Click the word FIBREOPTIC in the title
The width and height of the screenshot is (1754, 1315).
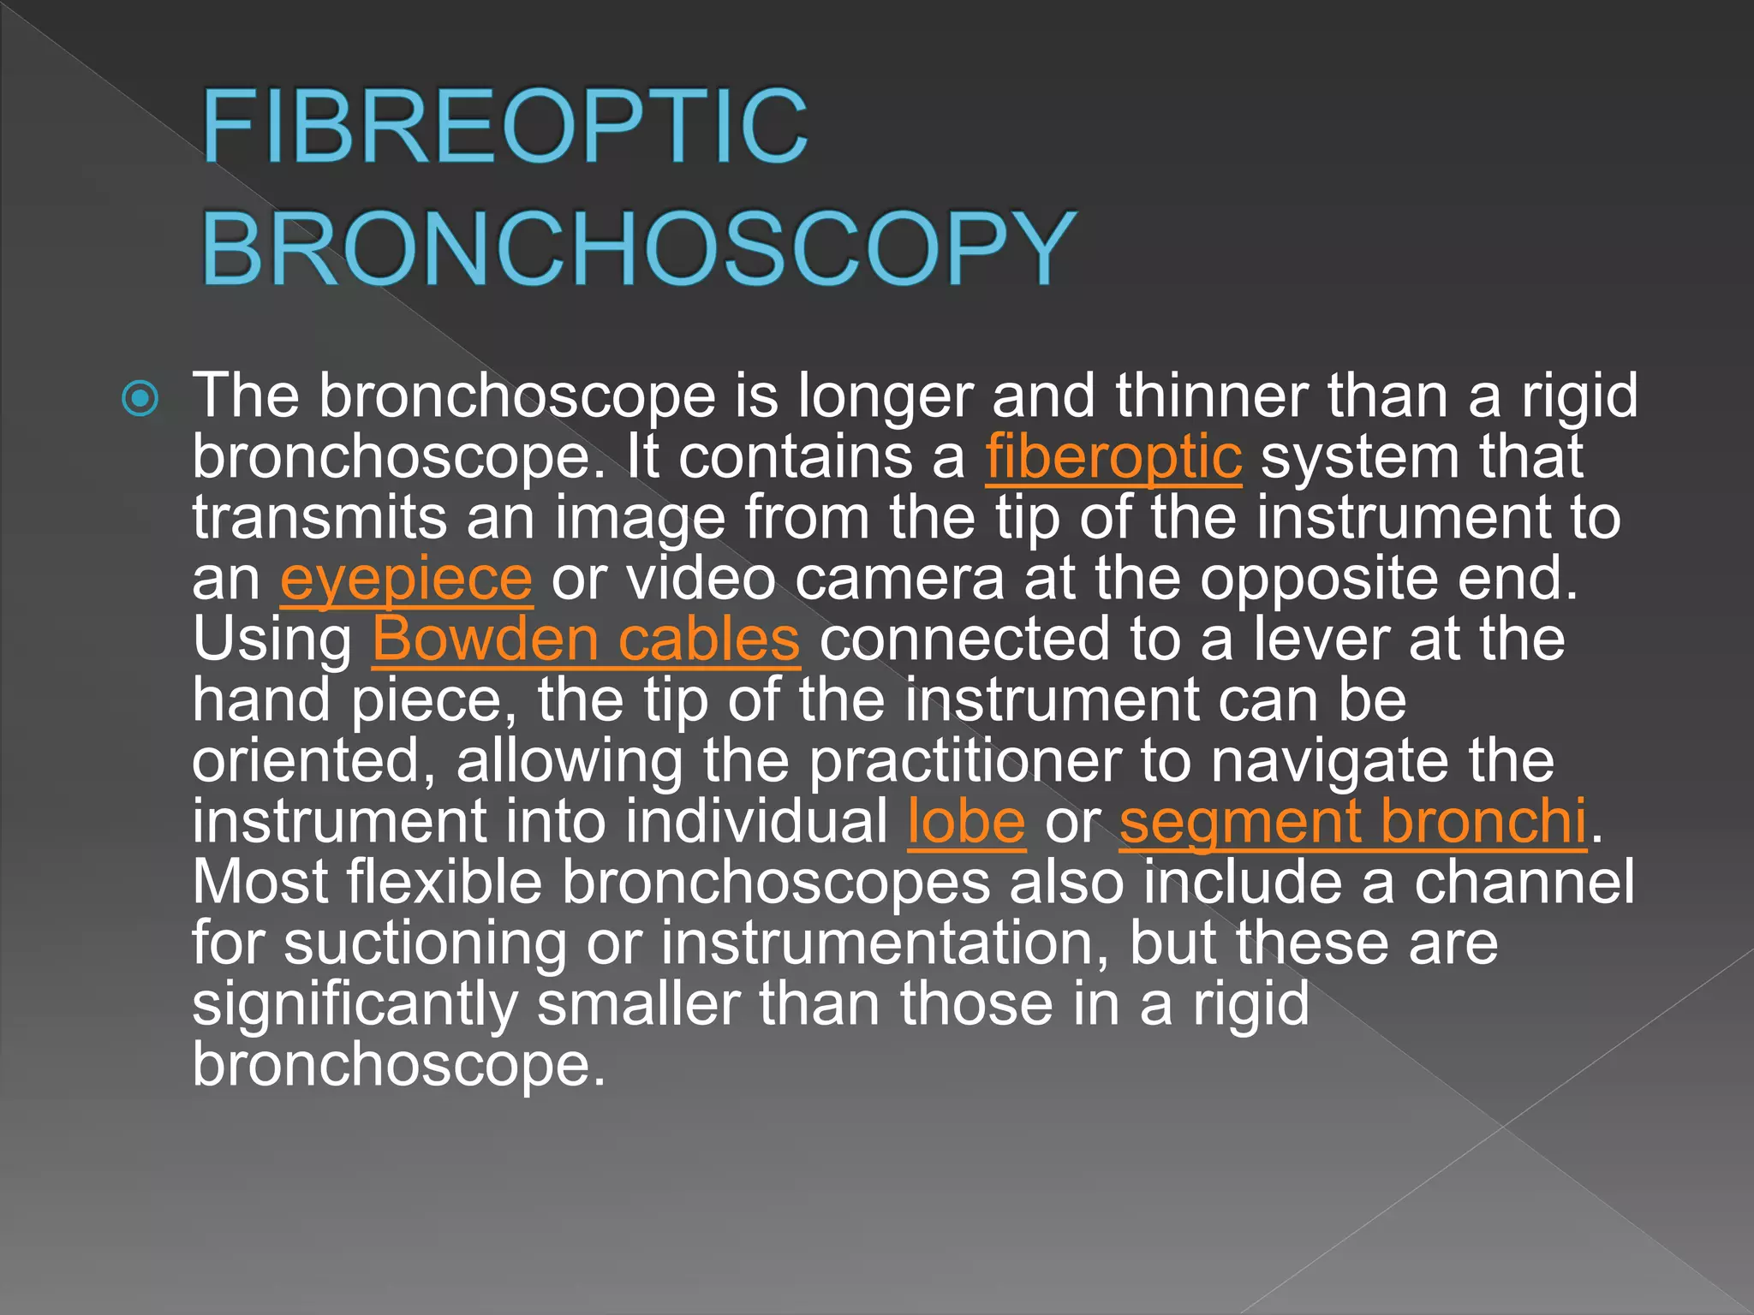click(505, 127)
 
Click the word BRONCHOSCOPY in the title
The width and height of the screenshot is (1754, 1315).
click(638, 248)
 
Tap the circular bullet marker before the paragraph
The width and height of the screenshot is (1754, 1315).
click(140, 398)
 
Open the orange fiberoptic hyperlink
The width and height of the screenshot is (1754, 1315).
click(1113, 456)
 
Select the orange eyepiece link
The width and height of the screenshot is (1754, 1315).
click(406, 580)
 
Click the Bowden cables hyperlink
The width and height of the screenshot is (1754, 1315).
click(586, 640)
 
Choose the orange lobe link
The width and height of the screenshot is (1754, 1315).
click(966, 822)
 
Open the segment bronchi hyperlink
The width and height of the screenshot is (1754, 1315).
click(1353, 822)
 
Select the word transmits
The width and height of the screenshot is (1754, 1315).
click(319, 518)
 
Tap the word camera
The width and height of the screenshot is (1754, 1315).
click(899, 580)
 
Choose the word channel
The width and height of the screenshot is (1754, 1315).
click(1524, 883)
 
